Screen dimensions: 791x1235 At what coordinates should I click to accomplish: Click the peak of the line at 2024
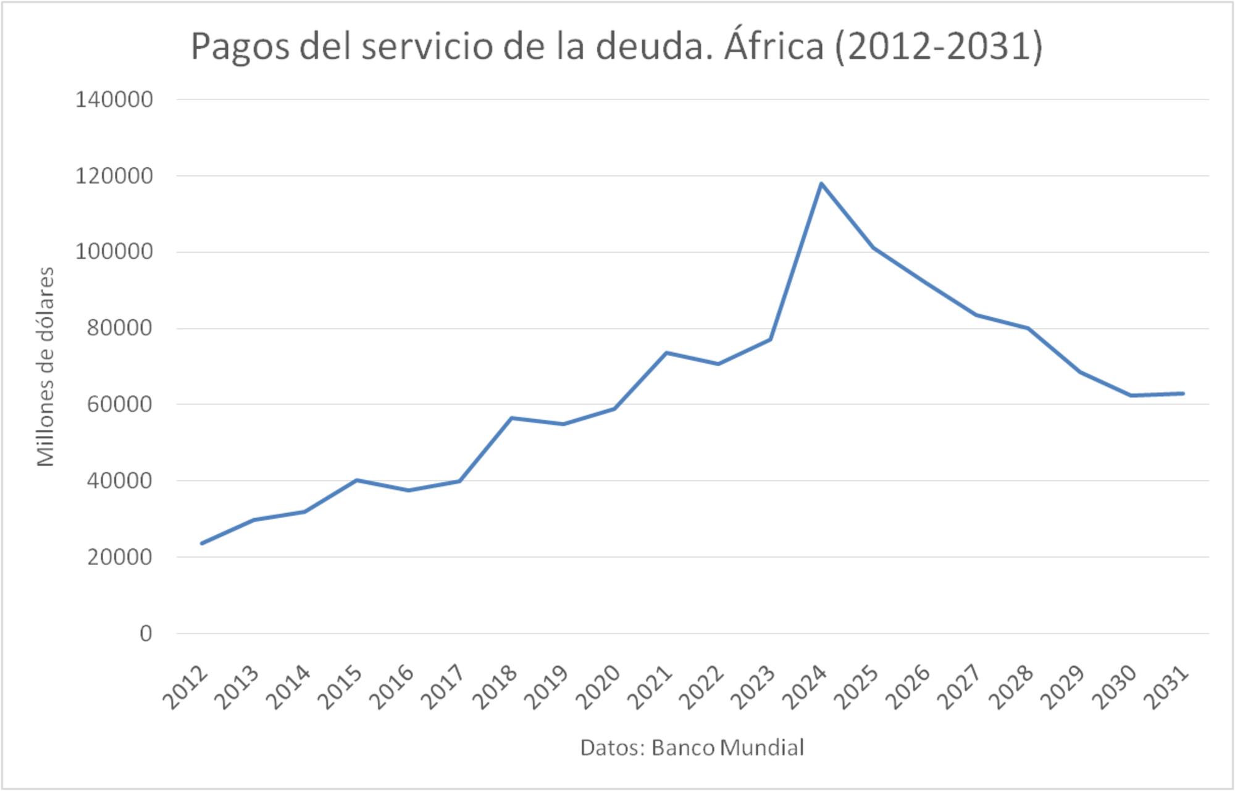821,183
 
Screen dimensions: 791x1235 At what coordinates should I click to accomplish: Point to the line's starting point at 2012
202,543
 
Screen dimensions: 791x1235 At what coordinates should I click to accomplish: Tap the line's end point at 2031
1183,393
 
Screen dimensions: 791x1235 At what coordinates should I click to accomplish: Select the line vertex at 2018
512,418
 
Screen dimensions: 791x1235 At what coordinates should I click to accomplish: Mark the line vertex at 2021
666,353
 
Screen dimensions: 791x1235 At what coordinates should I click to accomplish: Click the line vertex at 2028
1028,328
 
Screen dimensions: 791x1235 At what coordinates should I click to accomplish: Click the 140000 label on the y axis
114,99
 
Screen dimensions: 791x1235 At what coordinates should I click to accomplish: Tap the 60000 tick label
120,404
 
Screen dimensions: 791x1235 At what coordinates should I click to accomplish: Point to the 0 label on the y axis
146,634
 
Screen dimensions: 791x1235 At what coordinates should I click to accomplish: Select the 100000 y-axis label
114,252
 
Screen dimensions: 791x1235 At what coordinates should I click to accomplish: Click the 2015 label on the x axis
340,687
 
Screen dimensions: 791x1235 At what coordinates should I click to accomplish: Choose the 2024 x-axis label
804,687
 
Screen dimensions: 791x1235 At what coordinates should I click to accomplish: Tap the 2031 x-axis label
1166,687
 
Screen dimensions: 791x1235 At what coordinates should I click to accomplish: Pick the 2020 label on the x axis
598,687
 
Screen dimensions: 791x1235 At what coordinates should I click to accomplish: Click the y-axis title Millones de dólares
46,367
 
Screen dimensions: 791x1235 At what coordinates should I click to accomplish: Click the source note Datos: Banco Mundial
692,748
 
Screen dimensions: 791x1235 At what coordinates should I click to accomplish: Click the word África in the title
774,46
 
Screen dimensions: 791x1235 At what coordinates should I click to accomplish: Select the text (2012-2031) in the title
939,46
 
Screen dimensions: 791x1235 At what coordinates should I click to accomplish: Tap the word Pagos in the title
240,48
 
